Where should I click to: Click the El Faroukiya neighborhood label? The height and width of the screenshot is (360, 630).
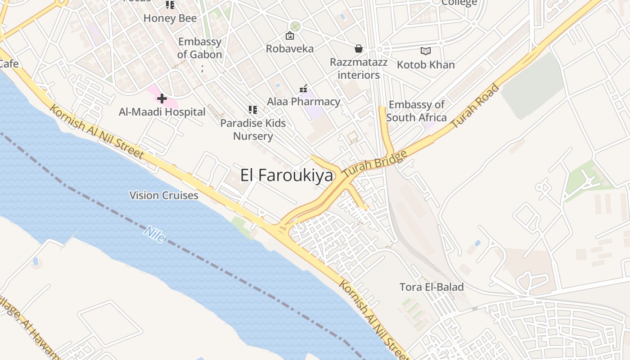coord(287,175)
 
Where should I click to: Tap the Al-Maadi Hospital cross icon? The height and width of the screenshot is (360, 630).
coord(162,98)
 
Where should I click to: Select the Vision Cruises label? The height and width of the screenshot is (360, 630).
coord(164,195)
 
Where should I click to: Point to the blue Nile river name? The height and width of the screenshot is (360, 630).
coord(154,234)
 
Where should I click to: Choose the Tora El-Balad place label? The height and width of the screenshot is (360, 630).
coord(432,287)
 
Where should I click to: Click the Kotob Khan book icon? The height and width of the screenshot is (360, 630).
coord(426,51)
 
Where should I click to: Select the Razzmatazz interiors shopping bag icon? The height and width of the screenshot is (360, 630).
coord(359,48)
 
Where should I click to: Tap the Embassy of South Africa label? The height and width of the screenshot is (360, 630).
coord(416,111)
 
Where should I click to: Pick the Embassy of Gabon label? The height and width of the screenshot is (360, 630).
coord(200,48)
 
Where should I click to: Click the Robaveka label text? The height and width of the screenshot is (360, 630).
coord(290,49)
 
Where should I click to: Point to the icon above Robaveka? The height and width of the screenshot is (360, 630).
coord(290,36)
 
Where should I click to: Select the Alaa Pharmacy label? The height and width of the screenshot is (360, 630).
coord(304,102)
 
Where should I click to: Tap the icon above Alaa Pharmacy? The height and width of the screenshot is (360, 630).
coord(304,89)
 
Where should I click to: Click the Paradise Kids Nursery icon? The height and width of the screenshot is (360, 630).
coord(253,109)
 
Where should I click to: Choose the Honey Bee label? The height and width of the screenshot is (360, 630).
coord(170,18)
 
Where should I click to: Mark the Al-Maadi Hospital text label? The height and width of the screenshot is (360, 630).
coord(162,112)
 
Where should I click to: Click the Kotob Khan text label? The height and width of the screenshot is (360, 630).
coord(426,65)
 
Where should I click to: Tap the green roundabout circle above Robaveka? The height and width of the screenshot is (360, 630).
coord(295,26)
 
